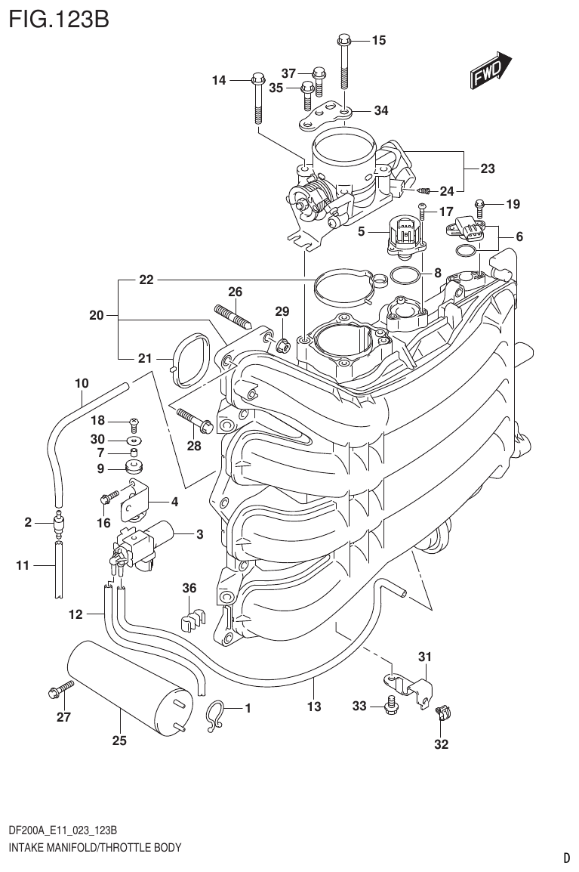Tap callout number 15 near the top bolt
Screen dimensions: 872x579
click(378, 40)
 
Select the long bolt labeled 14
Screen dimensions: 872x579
click(257, 98)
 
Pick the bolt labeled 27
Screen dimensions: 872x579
click(60, 688)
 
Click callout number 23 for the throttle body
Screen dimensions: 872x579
click(487, 169)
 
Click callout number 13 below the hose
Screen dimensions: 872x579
click(314, 707)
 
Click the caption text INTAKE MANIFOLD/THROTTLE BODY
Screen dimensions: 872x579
click(95, 847)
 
